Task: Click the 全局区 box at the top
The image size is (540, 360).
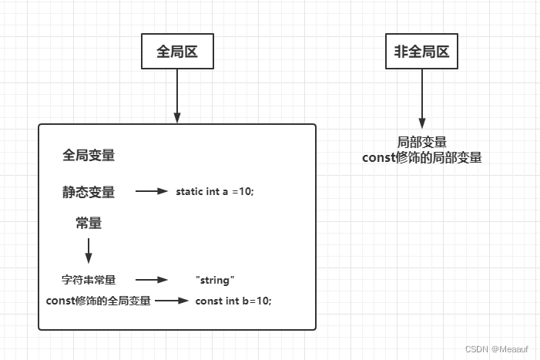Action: coord(177,52)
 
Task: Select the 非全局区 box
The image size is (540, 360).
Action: coord(421,52)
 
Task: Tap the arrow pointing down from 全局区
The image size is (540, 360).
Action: coord(177,96)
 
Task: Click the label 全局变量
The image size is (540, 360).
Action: coord(89,155)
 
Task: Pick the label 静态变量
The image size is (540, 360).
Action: coord(89,192)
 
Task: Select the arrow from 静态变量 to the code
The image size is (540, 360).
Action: coord(152,192)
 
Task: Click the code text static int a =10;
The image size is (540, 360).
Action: coord(215,192)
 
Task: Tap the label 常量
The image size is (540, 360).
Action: coord(89,224)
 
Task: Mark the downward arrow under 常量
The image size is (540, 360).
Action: coord(89,251)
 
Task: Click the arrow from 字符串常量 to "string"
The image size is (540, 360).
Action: coord(152,281)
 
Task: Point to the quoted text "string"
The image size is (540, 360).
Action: coord(215,281)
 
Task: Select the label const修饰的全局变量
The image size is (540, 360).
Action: coord(98,300)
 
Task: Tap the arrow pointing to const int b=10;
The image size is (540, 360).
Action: coord(171,300)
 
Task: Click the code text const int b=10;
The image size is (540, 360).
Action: coord(233,300)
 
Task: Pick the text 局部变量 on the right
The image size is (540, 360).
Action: coord(421,143)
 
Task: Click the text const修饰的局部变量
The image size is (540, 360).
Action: coord(421,157)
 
